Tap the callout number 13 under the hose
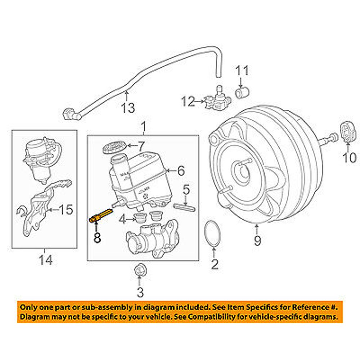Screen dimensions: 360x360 [128, 107]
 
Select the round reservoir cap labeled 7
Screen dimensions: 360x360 [114, 147]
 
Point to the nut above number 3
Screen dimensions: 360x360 [139, 271]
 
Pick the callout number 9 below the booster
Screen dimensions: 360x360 [257, 240]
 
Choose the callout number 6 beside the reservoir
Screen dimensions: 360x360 [180, 170]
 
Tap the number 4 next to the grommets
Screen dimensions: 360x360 [123, 219]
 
